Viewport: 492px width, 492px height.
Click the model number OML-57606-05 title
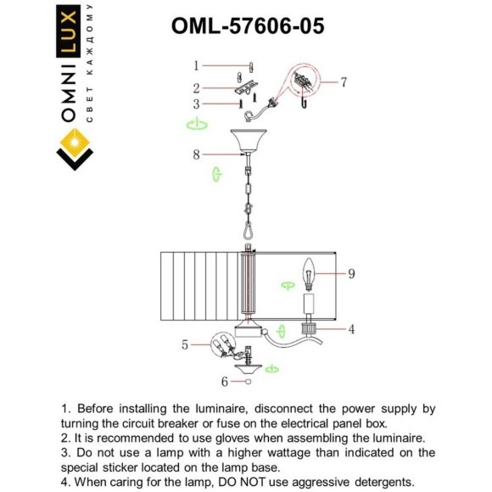point(247,26)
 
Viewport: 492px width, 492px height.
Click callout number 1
point(196,65)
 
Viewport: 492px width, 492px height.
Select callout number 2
point(196,87)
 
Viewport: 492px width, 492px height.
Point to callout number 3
point(196,104)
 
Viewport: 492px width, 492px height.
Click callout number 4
point(350,328)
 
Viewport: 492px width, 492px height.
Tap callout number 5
point(186,345)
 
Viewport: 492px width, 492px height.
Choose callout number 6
point(225,382)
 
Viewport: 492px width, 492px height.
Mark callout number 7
point(344,82)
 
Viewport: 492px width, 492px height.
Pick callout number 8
point(196,154)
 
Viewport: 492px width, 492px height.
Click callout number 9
point(350,273)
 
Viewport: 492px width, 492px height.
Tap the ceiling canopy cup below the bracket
point(248,139)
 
